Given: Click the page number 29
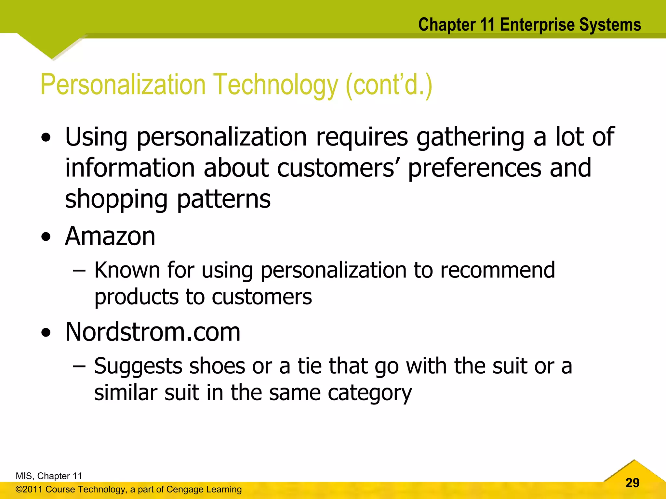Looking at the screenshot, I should point(632,483).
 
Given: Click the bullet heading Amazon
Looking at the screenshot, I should point(110,236).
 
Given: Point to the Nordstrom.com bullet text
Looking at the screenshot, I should point(153,332).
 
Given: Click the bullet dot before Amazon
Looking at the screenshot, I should point(46,237).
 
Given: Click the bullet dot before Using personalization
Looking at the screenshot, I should point(46,137).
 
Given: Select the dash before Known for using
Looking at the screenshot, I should point(79,271).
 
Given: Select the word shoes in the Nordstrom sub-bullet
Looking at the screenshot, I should point(217,366).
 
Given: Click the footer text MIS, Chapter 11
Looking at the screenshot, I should point(49,476).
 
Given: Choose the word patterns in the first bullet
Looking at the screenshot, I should point(224,199).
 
